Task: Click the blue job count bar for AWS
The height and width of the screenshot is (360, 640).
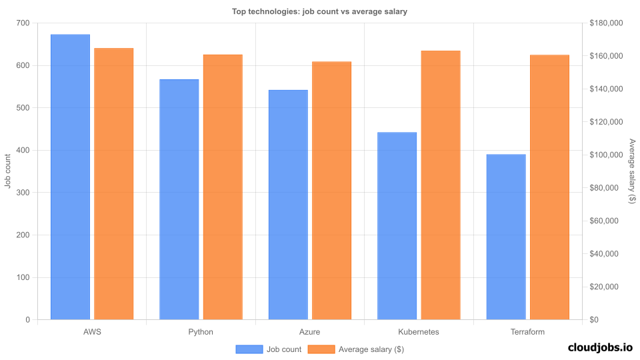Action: pyautogui.click(x=70, y=177)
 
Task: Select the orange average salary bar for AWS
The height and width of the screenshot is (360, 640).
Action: pyautogui.click(x=114, y=183)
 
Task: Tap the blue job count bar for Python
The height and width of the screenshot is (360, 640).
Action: pyautogui.click(x=179, y=199)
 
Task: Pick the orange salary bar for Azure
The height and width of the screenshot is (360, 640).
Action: pyautogui.click(x=331, y=190)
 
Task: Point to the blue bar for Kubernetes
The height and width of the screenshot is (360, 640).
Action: pyautogui.click(x=397, y=226)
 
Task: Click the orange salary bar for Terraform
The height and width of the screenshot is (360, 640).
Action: pyautogui.click(x=549, y=187)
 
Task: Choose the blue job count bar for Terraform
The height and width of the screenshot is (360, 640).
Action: pyautogui.click(x=506, y=237)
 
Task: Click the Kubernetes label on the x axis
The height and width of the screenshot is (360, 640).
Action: pyautogui.click(x=419, y=331)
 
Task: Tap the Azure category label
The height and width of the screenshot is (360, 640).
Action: pyautogui.click(x=309, y=331)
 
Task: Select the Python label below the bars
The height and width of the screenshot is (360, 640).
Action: pyautogui.click(x=201, y=331)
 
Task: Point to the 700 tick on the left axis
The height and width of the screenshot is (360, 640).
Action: pyautogui.click(x=23, y=23)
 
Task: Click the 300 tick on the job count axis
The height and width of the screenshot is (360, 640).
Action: pyautogui.click(x=23, y=193)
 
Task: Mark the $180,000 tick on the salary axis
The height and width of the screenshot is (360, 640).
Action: pyautogui.click(x=606, y=23)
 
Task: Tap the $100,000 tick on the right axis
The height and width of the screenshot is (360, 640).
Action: pyautogui.click(x=606, y=155)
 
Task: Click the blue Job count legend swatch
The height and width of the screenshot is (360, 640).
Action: pyautogui.click(x=249, y=349)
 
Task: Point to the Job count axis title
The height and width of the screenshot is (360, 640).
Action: pyautogui.click(x=8, y=171)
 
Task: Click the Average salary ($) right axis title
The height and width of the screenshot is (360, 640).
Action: pyautogui.click(x=632, y=171)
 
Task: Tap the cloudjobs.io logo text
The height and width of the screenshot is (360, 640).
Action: pyautogui.click(x=600, y=347)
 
